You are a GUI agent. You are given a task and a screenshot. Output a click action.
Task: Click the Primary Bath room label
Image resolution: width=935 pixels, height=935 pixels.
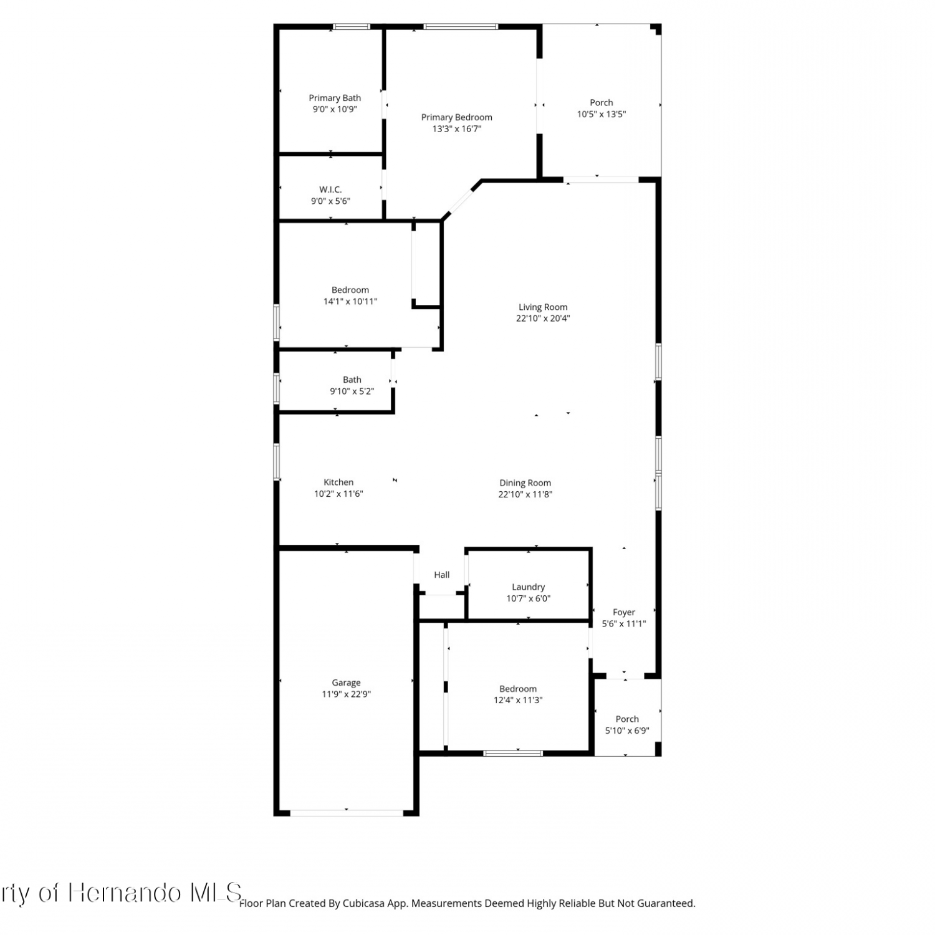click(335, 98)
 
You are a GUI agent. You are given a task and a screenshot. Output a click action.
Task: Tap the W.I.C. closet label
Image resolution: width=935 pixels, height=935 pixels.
click(330, 189)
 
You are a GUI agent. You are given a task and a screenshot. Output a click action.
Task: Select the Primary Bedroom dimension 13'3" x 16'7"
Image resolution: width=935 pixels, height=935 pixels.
click(457, 129)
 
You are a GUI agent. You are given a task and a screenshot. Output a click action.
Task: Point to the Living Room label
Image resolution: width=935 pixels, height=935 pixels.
click(543, 307)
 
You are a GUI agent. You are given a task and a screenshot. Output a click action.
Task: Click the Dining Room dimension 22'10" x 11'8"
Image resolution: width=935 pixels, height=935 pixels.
click(525, 494)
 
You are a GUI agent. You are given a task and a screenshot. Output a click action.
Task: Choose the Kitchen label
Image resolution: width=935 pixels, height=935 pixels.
click(338, 482)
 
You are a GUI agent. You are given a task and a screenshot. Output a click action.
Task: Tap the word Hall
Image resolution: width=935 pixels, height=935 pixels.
click(442, 575)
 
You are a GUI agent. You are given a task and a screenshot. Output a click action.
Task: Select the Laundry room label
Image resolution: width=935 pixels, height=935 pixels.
click(529, 587)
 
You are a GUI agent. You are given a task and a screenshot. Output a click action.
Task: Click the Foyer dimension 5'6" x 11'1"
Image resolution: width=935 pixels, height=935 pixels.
click(624, 623)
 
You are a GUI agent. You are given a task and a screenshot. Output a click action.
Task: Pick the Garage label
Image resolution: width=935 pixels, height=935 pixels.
click(346, 683)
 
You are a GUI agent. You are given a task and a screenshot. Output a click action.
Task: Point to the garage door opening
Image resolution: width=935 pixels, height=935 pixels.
click(347, 812)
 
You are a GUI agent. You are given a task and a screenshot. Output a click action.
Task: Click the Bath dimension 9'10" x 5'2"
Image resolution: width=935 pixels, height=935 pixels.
click(352, 391)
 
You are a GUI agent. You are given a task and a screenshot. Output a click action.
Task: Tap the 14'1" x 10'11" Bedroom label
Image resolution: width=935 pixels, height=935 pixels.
click(350, 290)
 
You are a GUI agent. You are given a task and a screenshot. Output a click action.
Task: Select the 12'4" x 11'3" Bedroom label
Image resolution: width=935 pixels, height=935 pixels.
click(518, 689)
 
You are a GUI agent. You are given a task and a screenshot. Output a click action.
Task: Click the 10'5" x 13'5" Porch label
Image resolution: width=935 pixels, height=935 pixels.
click(602, 102)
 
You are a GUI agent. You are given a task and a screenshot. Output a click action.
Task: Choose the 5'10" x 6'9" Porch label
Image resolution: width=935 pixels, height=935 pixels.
click(627, 719)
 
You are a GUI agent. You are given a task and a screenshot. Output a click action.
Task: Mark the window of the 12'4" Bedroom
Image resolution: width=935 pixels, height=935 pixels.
click(513, 753)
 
